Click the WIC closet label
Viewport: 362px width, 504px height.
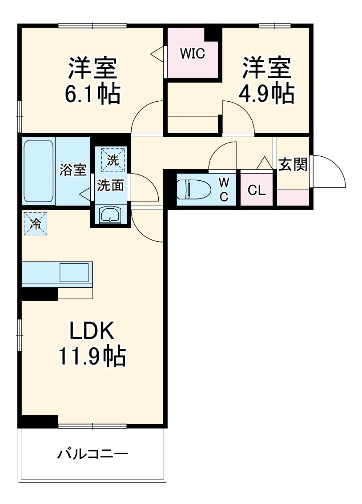coord(192,54)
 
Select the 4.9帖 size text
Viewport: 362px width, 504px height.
coord(267,94)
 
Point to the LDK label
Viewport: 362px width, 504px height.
coord(92,331)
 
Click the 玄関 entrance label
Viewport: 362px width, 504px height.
coord(293,165)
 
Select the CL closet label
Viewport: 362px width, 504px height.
coord(257,190)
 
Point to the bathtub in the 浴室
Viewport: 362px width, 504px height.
coord(39,171)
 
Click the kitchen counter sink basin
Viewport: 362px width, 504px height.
coord(74,272)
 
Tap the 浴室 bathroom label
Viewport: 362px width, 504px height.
coord(73,170)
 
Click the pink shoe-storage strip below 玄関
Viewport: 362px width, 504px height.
coord(293,197)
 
